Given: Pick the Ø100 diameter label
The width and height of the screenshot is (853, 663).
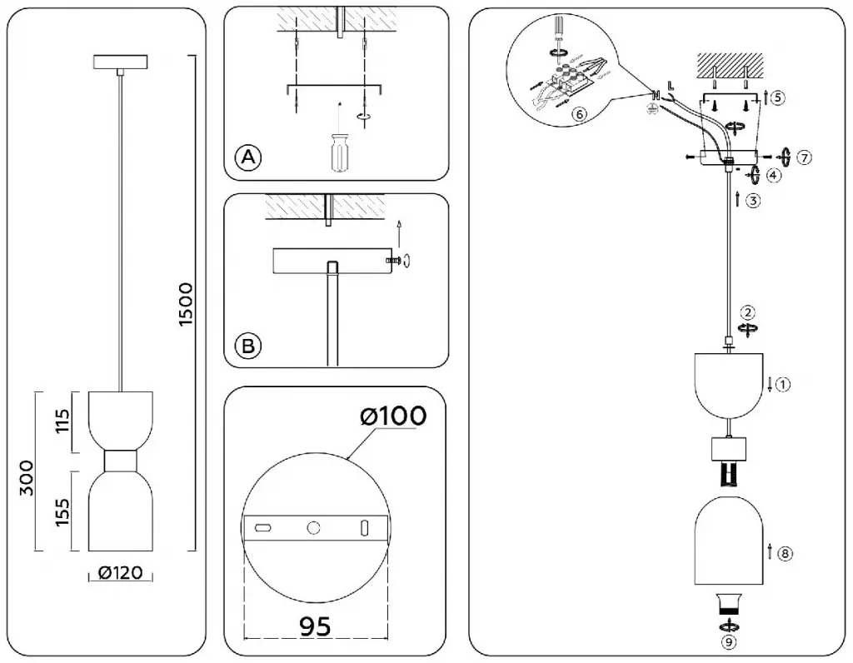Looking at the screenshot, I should tap(395, 415).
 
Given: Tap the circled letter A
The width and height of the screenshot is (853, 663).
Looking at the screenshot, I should tap(247, 157).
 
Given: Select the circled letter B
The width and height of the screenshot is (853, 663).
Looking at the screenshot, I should tap(247, 345).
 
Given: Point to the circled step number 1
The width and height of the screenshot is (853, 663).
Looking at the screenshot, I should tap(783, 384).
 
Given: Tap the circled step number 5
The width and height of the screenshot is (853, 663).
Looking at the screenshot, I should tap(777, 97).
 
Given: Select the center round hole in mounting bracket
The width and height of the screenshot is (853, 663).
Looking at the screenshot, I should tap(314, 527).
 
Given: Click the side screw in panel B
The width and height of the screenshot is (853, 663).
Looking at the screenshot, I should tap(396, 262).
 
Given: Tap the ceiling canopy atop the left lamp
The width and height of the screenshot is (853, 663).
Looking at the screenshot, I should tap(122, 62).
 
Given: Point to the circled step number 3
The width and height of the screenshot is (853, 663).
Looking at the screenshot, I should tap(752, 200).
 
